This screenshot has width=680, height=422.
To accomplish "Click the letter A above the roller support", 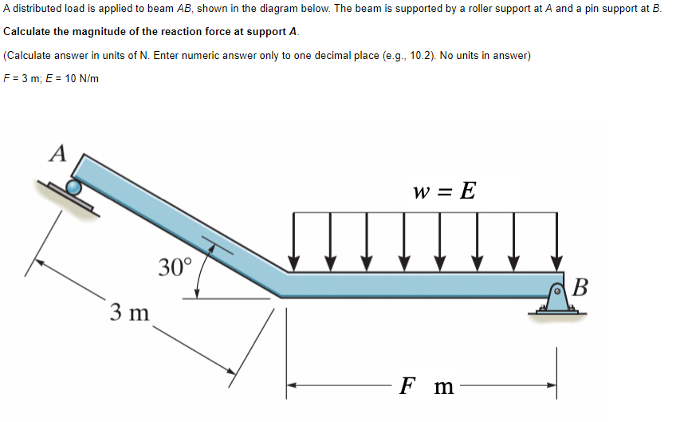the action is pos(58,152).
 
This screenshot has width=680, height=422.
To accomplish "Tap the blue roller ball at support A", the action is pos(73,187).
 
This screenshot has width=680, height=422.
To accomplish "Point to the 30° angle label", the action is pos(175,266).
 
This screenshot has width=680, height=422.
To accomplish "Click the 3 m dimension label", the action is pos(129,311).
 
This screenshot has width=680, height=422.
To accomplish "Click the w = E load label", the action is pos(445,191).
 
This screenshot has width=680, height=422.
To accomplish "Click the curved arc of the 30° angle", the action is pos(202,271).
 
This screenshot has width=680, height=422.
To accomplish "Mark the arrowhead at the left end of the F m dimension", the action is pos(293,385).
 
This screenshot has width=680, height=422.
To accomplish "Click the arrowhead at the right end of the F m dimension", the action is pos(551,385).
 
